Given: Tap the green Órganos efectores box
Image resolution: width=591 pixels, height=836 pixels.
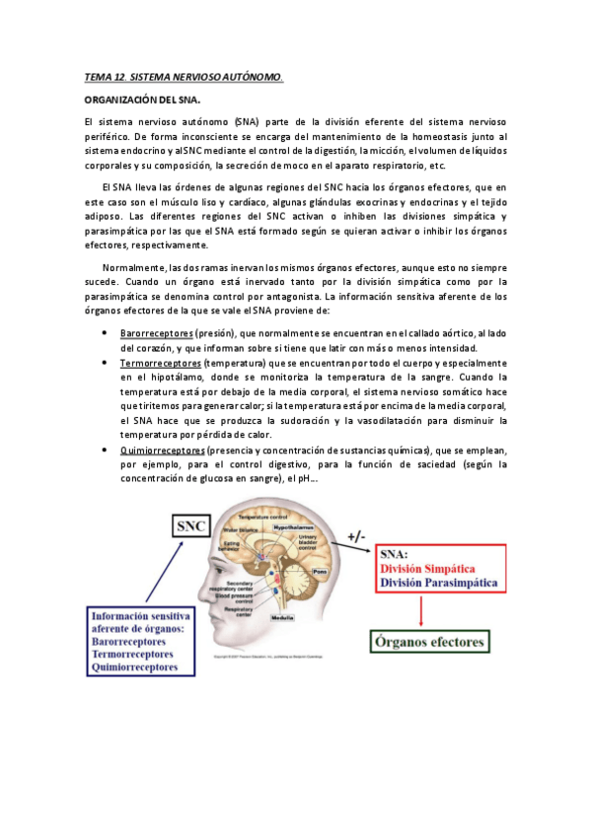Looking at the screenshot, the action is [429, 642].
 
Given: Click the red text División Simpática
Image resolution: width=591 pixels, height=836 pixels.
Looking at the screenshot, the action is [419, 570].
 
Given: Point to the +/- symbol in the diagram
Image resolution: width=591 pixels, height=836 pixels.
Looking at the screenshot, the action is [357, 538].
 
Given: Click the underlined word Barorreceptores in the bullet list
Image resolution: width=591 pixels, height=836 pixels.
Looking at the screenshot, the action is [156, 334].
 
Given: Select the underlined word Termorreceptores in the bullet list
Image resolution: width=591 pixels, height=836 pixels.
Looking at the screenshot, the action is [161, 363].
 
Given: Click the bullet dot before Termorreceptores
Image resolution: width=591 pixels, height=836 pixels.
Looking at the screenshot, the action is [106, 363].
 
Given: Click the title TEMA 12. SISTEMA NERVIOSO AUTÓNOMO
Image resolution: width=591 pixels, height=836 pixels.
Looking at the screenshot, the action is [184, 76].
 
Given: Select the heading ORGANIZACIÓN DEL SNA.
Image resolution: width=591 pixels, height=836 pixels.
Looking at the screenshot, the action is [142, 100].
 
